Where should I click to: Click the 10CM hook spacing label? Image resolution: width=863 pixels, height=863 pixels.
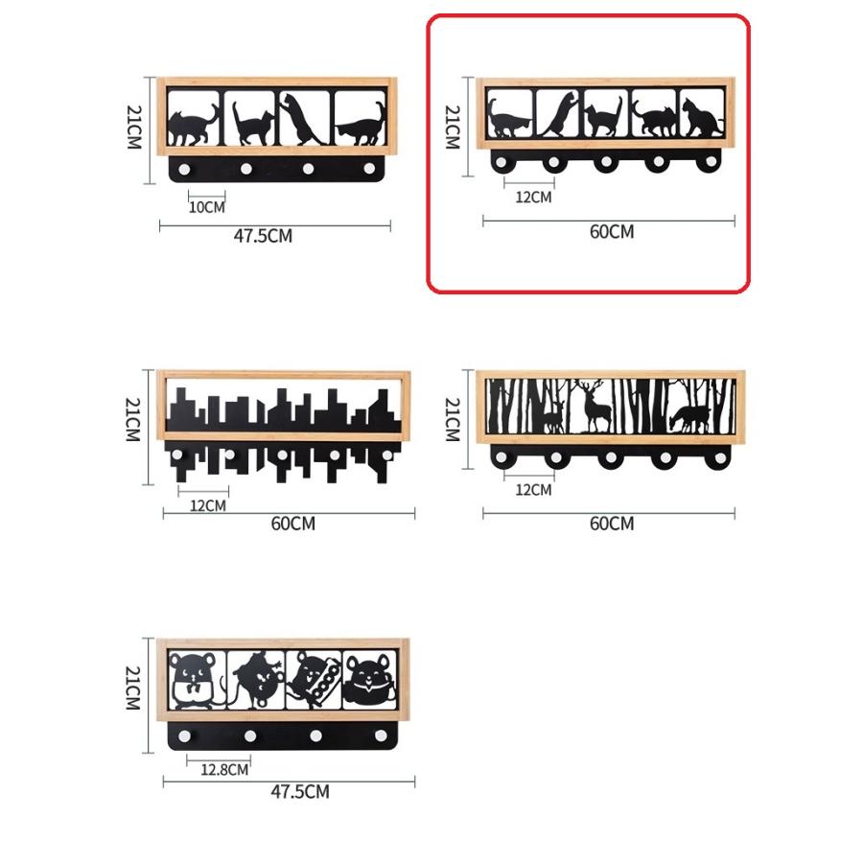(x=207, y=207)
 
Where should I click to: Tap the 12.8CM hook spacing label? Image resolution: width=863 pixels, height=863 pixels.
(x=224, y=769)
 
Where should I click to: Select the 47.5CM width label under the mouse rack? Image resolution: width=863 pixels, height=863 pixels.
(x=300, y=792)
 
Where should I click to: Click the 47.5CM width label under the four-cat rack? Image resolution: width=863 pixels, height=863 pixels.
(x=263, y=236)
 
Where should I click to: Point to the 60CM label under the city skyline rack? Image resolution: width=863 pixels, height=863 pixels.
(x=293, y=524)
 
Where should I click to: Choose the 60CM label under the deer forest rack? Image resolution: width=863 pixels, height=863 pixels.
(x=612, y=524)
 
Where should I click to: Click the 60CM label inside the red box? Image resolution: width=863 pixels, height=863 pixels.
(x=612, y=232)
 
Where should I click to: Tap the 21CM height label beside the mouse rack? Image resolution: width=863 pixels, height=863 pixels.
(x=133, y=688)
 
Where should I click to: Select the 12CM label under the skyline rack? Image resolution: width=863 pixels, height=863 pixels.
(x=208, y=505)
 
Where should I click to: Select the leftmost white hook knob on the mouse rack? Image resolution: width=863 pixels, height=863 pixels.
(x=184, y=735)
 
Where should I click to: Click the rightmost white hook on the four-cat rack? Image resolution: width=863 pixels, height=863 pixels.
(x=370, y=169)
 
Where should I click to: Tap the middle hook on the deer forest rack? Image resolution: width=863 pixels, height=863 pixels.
(x=611, y=457)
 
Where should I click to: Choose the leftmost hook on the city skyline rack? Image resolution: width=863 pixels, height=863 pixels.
(x=177, y=455)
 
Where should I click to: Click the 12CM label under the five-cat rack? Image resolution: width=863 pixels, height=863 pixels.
(x=533, y=197)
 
